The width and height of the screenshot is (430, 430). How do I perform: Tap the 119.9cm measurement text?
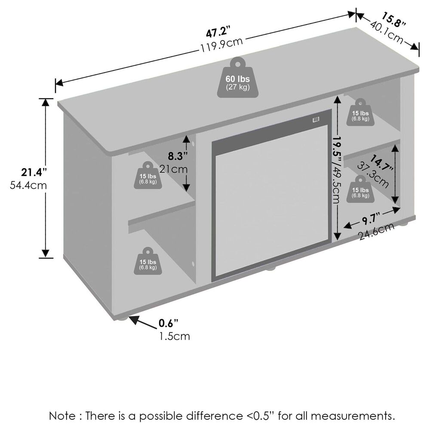pos(221,45)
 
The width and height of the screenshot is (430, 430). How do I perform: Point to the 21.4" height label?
pos(34,172)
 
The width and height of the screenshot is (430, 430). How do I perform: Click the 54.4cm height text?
pos(28,185)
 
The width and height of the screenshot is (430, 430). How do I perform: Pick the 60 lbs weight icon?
pos(238,77)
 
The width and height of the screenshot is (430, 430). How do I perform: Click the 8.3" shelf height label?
pos(178,156)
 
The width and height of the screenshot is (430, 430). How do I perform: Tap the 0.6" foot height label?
pos(168,323)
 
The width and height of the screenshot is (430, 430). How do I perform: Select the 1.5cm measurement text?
pos(175,336)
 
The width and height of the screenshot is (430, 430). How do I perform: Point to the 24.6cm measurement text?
pos(377,231)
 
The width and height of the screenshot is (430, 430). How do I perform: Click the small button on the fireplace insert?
pos(316,119)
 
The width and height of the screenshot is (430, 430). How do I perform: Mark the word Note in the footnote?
pos(62,416)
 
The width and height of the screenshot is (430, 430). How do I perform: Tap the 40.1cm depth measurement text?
pos(386,31)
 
